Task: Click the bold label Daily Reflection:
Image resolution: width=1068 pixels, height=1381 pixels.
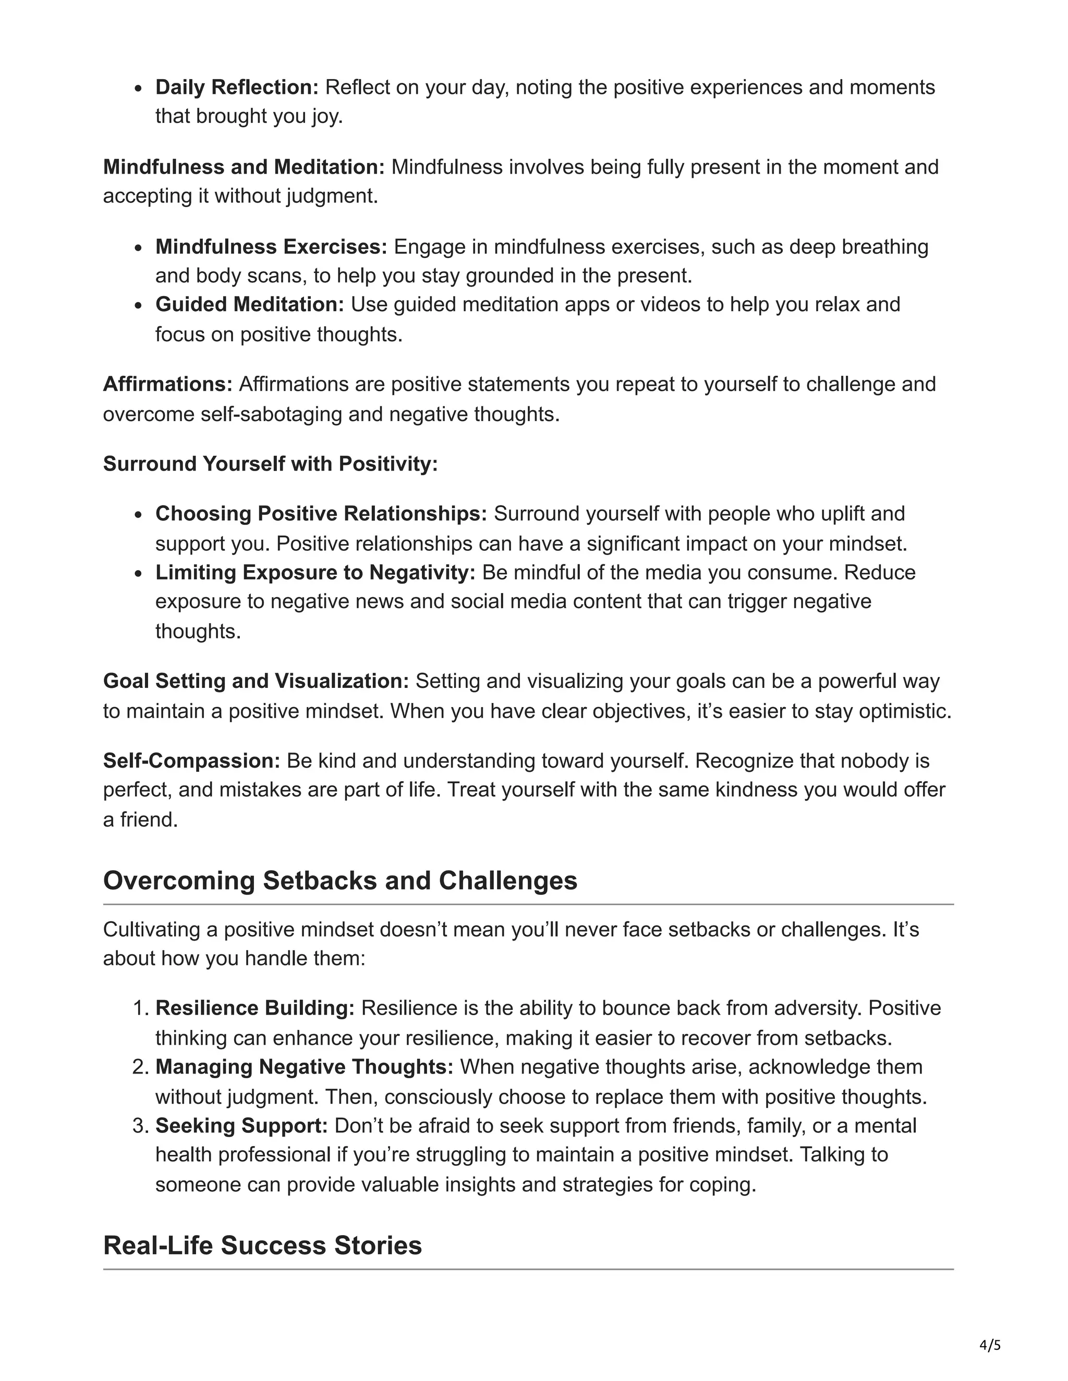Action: pos(237,87)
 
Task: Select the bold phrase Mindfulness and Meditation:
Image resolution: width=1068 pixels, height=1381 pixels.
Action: pos(244,167)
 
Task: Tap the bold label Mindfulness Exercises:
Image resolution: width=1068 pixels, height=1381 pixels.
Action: pos(271,246)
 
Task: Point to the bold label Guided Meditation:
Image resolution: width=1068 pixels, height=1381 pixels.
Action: pos(249,305)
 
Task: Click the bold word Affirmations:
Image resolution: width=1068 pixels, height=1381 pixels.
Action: pos(168,385)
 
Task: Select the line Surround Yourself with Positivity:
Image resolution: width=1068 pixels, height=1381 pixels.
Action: pos(270,464)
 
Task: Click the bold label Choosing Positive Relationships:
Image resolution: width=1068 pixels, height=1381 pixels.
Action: pos(321,513)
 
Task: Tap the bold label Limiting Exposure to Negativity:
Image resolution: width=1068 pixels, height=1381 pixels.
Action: pos(315,572)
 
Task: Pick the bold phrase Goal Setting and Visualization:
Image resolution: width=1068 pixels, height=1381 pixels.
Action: pos(256,681)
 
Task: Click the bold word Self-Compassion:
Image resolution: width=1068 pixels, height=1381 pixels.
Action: pos(191,761)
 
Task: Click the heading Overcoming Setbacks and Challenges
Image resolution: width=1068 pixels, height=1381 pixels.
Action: pos(340,881)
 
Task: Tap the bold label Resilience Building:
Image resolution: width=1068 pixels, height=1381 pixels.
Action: pos(255,1008)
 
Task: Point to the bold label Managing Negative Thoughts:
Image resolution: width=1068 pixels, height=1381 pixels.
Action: pos(305,1067)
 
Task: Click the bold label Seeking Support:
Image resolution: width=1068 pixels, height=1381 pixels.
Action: pos(241,1126)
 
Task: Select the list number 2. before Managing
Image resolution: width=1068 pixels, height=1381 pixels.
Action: pos(140,1067)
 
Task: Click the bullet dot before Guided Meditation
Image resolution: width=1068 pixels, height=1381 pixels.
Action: pos(140,305)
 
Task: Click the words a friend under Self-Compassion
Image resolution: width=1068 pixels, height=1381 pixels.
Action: pos(140,820)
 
